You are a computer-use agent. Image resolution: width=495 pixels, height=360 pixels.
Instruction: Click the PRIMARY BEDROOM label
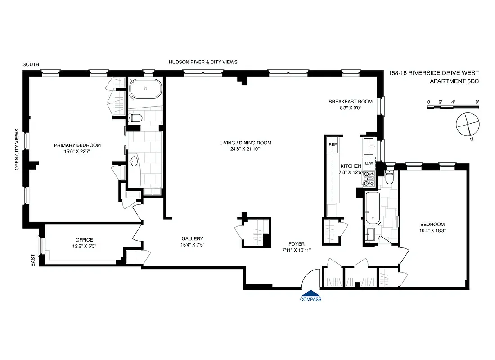pyautogui.click(x=77, y=145)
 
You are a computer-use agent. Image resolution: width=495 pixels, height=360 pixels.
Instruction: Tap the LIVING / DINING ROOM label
pyautogui.click(x=245, y=143)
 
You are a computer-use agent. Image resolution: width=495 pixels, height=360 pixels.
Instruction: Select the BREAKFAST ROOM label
pyautogui.click(x=350, y=102)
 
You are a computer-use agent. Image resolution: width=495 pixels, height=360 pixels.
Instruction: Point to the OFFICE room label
pyautogui.click(x=84, y=240)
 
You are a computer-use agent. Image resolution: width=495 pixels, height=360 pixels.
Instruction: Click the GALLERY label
pyautogui.click(x=192, y=238)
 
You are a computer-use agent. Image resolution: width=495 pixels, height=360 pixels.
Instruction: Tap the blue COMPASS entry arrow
pyautogui.click(x=311, y=293)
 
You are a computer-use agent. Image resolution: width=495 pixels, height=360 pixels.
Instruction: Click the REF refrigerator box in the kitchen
pyautogui.click(x=333, y=144)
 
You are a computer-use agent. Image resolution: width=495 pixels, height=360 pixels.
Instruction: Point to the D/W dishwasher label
pyautogui.click(x=369, y=163)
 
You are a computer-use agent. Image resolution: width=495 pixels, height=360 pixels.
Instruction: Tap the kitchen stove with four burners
pyautogui.click(x=369, y=179)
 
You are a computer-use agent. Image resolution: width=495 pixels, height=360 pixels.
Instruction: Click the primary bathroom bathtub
pyautogui.click(x=145, y=89)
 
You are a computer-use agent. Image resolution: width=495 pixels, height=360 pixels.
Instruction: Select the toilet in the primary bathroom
pyautogui.click(x=135, y=118)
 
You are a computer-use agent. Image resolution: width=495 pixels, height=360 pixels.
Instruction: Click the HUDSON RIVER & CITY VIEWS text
pyautogui.click(x=203, y=62)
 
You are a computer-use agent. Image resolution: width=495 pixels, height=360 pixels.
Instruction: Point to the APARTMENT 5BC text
pyautogui.click(x=454, y=81)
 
